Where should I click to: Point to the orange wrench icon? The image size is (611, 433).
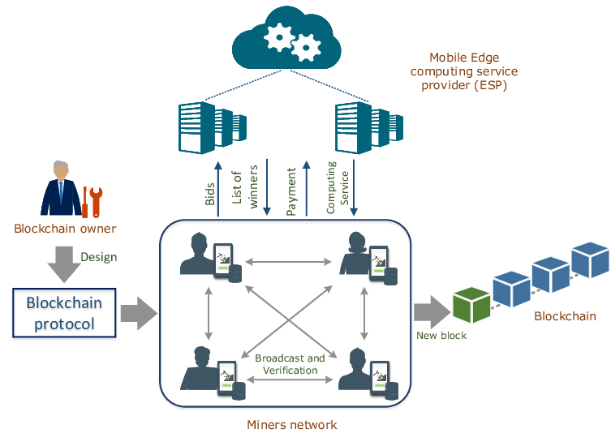click(93, 199)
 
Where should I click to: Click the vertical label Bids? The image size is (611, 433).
click(211, 192)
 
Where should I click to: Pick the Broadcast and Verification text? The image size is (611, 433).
click(290, 364)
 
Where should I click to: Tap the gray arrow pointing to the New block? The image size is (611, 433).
click(428, 311)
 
